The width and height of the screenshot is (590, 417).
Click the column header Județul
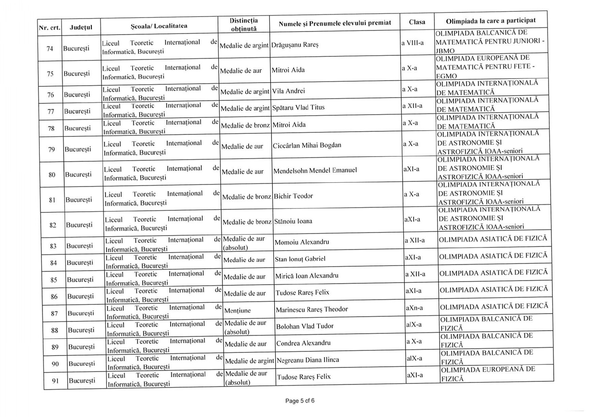pyautogui.click(x=81, y=27)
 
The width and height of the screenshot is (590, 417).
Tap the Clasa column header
pyautogui.click(x=417, y=22)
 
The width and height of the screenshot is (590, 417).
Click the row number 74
pyautogui.click(x=50, y=49)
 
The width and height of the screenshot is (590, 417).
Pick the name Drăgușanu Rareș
pyautogui.click(x=295, y=45)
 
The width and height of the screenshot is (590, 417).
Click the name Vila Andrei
pyautogui.click(x=288, y=91)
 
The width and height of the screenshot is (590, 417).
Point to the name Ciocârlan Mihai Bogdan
pyautogui.click(x=307, y=145)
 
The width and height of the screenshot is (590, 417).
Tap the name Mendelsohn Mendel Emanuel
pyautogui.click(x=315, y=170)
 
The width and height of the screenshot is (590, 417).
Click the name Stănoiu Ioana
pyautogui.click(x=293, y=221)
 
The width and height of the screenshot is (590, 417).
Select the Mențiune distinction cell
pyautogui.click(x=237, y=311)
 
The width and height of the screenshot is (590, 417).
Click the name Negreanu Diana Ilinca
pyautogui.click(x=308, y=360)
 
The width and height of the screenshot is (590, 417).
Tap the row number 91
pyautogui.click(x=55, y=381)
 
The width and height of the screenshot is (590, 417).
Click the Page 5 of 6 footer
pyautogui.click(x=300, y=401)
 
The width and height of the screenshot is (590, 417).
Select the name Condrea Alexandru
pyautogui.click(x=303, y=343)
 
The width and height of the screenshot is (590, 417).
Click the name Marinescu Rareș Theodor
pyautogui.click(x=312, y=309)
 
